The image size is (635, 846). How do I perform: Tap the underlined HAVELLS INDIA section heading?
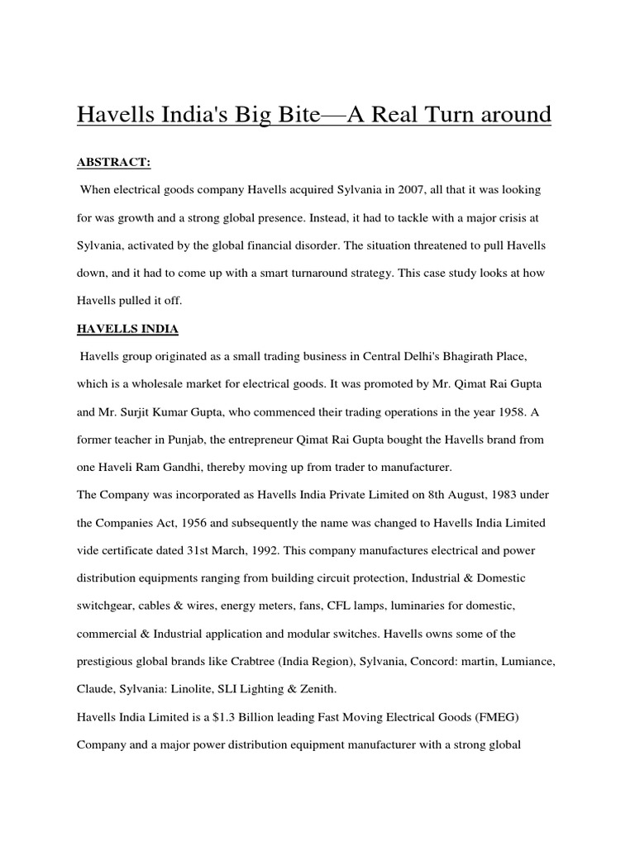coord(127,329)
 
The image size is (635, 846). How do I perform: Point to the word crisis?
coord(510,217)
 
